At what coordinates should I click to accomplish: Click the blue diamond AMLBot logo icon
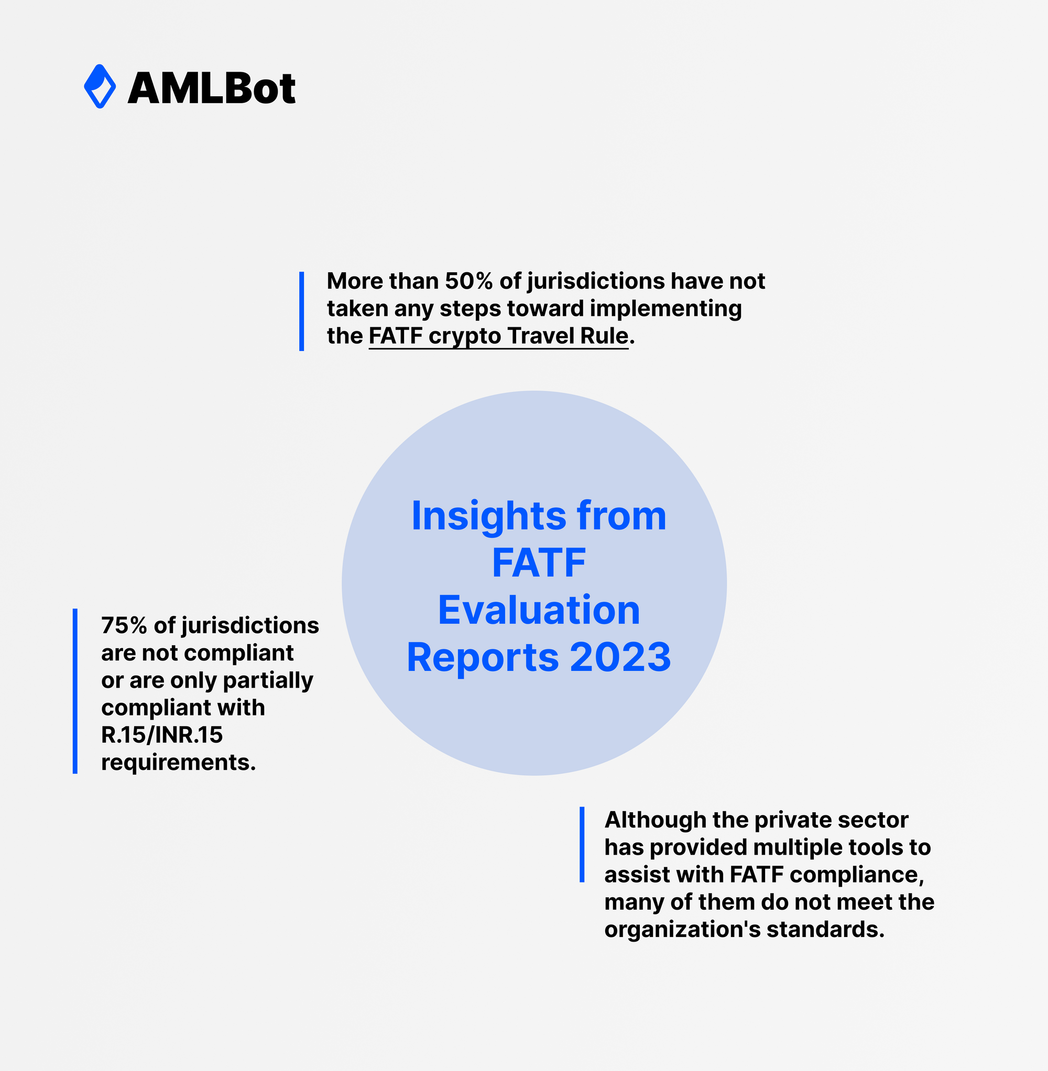[100, 86]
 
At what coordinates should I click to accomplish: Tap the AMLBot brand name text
[212, 88]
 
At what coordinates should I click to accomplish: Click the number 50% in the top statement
[468, 281]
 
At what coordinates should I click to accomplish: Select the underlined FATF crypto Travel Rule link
[498, 336]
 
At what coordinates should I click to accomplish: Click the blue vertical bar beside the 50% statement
[302, 311]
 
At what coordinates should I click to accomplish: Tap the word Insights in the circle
[488, 516]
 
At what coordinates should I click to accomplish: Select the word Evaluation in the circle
[538, 610]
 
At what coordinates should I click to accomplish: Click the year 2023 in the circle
[620, 657]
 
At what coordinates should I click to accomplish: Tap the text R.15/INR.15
[162, 735]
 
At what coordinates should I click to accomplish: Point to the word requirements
[178, 763]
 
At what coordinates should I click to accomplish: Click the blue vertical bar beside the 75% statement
[75, 691]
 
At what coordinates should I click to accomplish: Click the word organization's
[682, 930]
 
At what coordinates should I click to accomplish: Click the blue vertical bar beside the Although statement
[582, 844]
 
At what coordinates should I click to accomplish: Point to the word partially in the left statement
[268, 680]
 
